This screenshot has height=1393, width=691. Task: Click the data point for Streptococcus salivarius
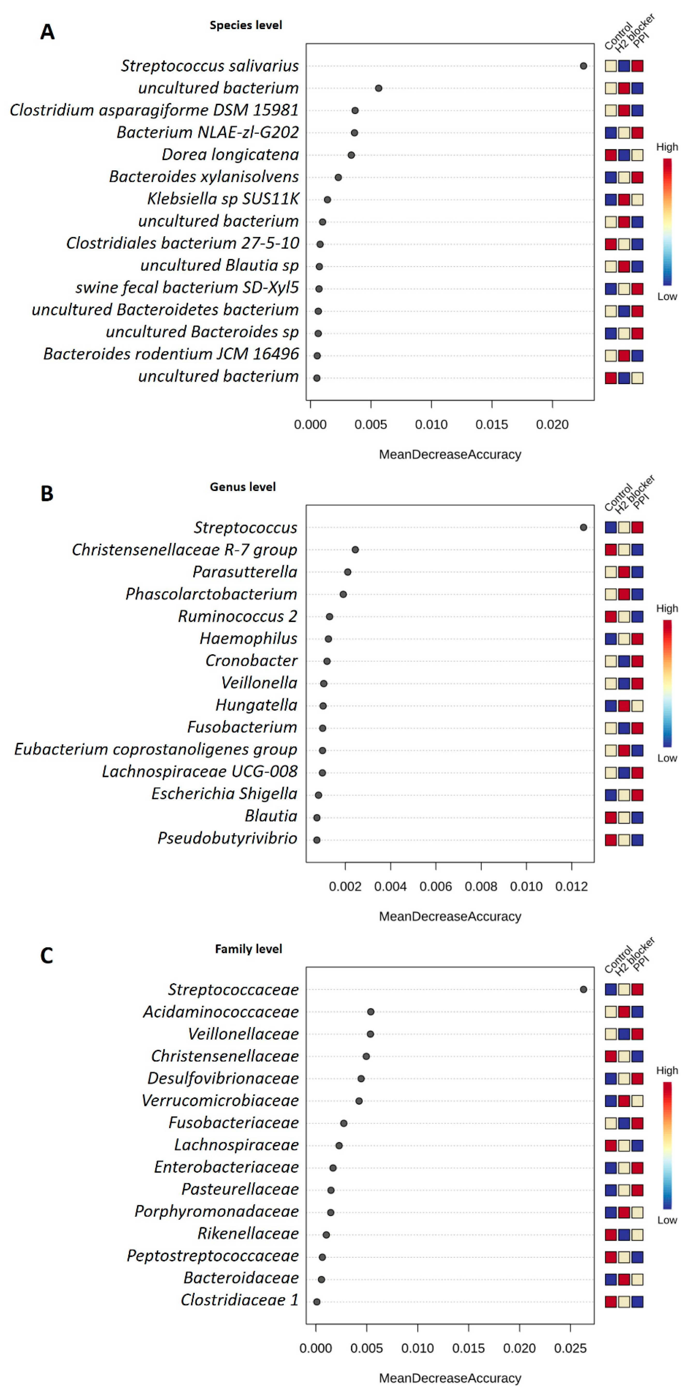(583, 66)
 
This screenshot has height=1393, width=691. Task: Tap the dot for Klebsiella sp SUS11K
(327, 199)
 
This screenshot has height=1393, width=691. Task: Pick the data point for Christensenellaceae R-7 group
(355, 550)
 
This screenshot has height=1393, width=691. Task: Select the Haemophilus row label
(248, 639)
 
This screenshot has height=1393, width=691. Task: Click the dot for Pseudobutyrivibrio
(317, 840)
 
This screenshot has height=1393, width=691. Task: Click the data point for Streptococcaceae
(583, 990)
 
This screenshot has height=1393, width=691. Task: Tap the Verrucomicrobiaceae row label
(220, 1100)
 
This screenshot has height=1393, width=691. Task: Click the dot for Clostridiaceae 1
(317, 1302)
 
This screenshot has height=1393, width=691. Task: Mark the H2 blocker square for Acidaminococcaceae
(624, 1012)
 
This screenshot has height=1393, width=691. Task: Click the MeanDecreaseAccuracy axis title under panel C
(450, 1378)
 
